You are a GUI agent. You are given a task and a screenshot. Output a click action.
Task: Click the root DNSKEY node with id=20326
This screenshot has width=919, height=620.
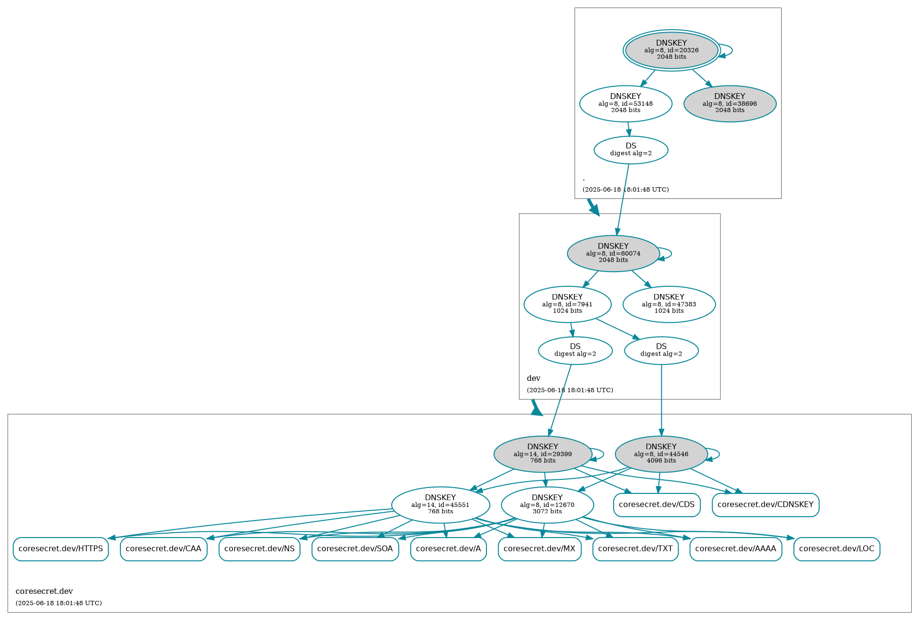pyautogui.click(x=671, y=50)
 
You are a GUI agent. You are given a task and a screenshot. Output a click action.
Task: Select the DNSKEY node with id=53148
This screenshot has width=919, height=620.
pyautogui.click(x=625, y=103)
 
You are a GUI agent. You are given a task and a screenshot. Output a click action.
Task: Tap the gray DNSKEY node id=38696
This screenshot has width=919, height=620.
pyautogui.click(x=729, y=103)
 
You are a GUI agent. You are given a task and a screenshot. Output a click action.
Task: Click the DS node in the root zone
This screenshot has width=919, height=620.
pyautogui.click(x=631, y=149)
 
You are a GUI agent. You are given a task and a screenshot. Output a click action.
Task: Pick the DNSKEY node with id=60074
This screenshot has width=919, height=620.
pyautogui.click(x=613, y=253)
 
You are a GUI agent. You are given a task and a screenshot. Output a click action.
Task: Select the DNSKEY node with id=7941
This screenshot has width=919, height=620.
pyautogui.click(x=567, y=304)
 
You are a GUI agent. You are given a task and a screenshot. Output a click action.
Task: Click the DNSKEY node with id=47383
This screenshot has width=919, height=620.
pyautogui.click(x=668, y=304)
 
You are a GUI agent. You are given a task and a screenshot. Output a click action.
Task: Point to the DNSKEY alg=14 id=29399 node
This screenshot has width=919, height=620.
pyautogui.click(x=542, y=454)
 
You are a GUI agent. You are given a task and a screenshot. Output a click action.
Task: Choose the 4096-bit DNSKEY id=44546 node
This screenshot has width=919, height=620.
pyautogui.click(x=661, y=454)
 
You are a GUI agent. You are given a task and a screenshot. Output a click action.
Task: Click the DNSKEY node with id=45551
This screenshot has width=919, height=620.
pyautogui.click(x=440, y=505)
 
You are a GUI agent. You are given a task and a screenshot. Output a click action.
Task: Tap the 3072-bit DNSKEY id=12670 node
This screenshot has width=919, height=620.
pyautogui.click(x=547, y=505)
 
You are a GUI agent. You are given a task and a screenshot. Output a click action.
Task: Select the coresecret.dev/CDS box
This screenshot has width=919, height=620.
pyautogui.click(x=656, y=505)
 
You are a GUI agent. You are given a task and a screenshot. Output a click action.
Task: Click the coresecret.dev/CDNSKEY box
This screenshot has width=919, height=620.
pyautogui.click(x=765, y=505)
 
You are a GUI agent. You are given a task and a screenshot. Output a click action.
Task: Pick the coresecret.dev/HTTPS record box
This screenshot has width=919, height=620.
pyautogui.click(x=61, y=549)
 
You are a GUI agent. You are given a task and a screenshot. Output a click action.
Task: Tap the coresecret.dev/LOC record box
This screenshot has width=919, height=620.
pyautogui.click(x=836, y=549)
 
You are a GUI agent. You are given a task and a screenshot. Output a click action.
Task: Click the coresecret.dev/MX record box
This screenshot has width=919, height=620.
pyautogui.click(x=539, y=549)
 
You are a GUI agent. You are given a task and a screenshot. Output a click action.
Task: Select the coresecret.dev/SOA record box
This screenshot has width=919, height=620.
pyautogui.click(x=355, y=549)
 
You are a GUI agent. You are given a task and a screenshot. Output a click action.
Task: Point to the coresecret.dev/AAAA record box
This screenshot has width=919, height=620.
pyautogui.click(x=735, y=549)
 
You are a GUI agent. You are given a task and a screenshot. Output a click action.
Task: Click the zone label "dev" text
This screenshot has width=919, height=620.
pyautogui.click(x=533, y=378)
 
